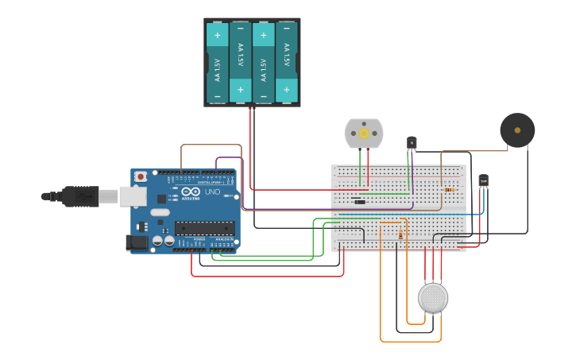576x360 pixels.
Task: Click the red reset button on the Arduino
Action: click(x=141, y=176)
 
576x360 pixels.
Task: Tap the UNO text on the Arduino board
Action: click(x=212, y=192)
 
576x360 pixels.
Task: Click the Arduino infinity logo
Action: click(x=190, y=192)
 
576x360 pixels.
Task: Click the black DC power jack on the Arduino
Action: click(x=137, y=242)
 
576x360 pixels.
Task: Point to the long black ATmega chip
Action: click(x=204, y=228)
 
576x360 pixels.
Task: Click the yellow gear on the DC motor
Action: click(x=364, y=134)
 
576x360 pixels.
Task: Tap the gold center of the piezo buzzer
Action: click(x=517, y=130)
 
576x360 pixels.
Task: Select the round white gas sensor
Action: click(x=433, y=298)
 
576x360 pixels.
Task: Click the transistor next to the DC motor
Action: click(x=412, y=142)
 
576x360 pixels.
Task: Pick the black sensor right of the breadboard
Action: click(x=483, y=181)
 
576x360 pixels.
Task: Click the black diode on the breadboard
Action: click(x=359, y=202)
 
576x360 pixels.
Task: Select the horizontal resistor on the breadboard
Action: click(x=450, y=190)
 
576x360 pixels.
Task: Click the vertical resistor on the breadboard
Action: click(x=400, y=234)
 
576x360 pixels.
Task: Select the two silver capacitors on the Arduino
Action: click(x=163, y=239)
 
